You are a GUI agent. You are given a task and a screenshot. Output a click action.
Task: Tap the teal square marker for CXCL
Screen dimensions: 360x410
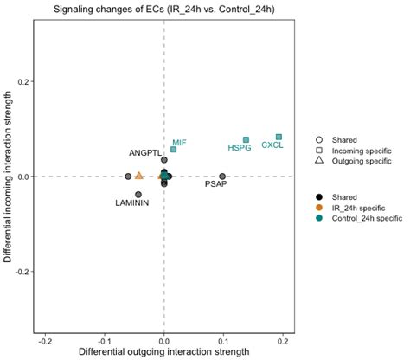pyautogui.click(x=279, y=137)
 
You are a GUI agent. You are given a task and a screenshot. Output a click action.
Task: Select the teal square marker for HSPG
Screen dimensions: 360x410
pyautogui.click(x=246, y=139)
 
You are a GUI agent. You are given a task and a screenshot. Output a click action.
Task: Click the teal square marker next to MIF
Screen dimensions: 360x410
pyautogui.click(x=173, y=150)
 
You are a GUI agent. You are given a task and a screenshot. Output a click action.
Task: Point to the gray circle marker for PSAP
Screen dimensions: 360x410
pyautogui.click(x=222, y=177)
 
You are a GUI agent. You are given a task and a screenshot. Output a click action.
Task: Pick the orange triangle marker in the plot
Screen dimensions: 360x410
pyautogui.click(x=138, y=176)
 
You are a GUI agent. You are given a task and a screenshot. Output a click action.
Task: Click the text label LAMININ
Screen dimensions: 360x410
pyautogui.click(x=132, y=203)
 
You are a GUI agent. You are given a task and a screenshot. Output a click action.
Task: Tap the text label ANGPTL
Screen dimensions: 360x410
pyautogui.click(x=145, y=153)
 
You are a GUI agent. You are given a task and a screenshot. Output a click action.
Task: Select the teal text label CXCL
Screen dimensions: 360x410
pyautogui.click(x=272, y=146)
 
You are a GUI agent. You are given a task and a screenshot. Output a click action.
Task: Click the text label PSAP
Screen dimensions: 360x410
pyautogui.click(x=216, y=184)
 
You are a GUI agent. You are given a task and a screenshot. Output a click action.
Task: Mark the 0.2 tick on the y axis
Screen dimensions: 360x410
pyautogui.click(x=22, y=81)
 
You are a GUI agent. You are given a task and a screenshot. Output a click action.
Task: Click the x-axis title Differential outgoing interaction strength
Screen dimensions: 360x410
pyautogui.click(x=163, y=353)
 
